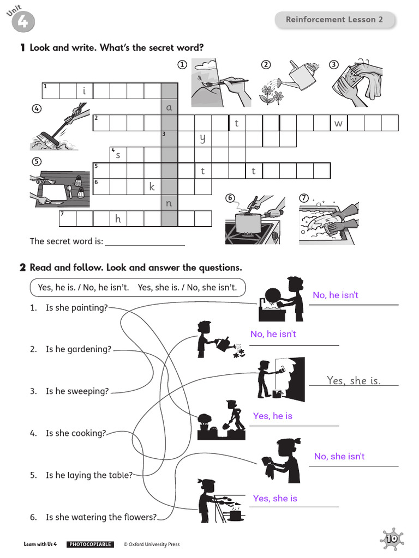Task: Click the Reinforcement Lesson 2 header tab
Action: coord(334,20)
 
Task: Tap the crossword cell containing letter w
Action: coord(338,123)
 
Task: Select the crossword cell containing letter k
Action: coord(152,187)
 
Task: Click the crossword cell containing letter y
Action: coord(203,138)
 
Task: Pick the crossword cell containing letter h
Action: coord(118,219)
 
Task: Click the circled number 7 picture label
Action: coord(304,198)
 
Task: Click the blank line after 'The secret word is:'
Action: coord(145,241)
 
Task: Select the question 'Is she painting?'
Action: coord(77,308)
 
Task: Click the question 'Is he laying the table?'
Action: coord(89,475)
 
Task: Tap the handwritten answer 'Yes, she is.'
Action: coord(354,380)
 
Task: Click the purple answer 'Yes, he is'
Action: coord(273,416)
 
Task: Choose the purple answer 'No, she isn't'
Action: coord(339,456)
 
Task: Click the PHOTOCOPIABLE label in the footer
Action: coord(90,544)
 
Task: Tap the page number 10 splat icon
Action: coord(391,539)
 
